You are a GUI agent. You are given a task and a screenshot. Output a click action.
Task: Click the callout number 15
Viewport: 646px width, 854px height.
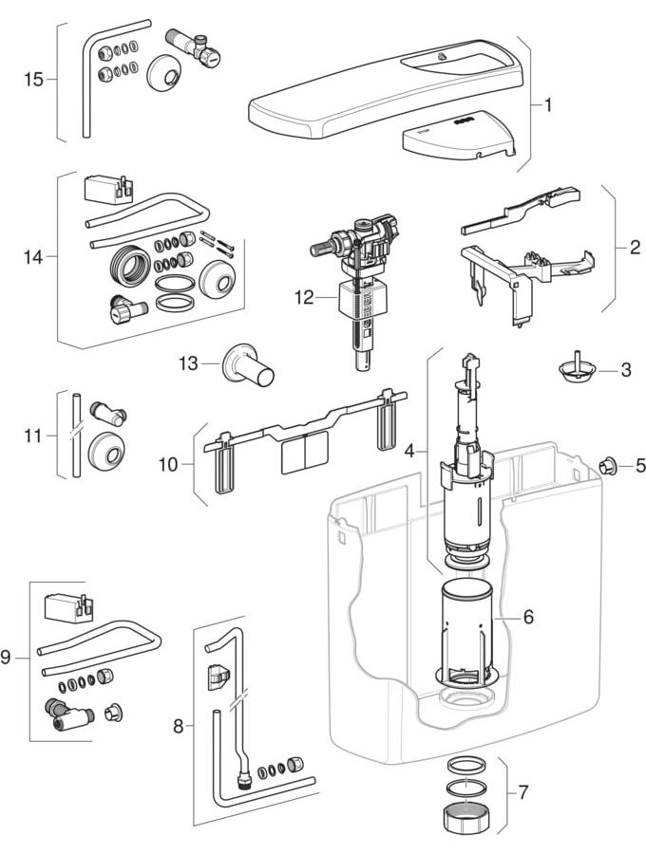pos(33,80)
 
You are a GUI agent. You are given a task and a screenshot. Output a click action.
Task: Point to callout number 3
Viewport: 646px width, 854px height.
pos(625,370)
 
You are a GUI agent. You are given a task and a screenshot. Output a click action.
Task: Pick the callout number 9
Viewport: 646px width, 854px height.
pos(7,657)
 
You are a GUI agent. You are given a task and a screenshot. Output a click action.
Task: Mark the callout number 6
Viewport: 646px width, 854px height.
pos(528,616)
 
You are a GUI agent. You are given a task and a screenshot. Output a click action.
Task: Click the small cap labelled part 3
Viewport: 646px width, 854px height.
pos(576,367)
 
